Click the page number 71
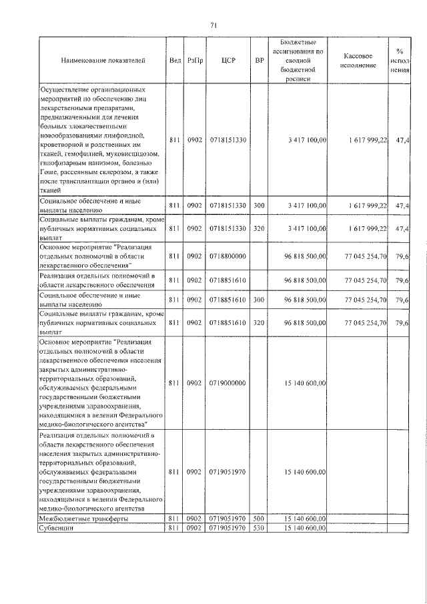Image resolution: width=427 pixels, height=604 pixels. click(213, 25)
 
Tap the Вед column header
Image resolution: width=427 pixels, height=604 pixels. click(175, 60)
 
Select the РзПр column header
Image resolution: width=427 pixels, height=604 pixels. click(194, 60)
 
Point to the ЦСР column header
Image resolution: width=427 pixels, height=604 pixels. click(225, 60)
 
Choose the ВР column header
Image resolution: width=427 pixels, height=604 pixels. click(260, 60)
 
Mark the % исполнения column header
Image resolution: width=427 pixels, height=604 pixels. click(399, 60)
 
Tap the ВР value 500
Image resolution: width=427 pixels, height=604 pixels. click(260, 518)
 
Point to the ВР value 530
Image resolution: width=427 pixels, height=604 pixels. click(260, 529)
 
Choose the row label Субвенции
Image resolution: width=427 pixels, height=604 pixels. click(56, 529)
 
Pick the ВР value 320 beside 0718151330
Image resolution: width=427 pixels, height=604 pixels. click(260, 229)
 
